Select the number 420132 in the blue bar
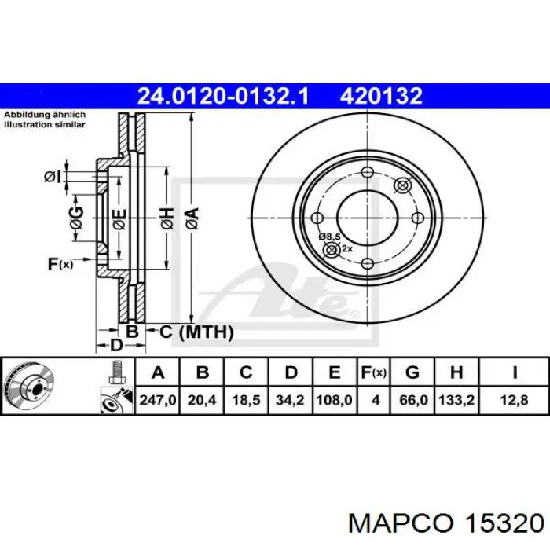coord(381,97)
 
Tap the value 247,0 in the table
coord(159,400)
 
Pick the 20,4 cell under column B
coord(202,400)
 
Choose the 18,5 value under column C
coord(246,400)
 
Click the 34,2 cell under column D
coord(290,400)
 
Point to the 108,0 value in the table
coord(334,400)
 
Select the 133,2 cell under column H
coord(456,400)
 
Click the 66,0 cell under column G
coord(414,400)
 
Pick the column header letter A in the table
coord(159,372)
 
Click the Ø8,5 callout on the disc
coord(328,236)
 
